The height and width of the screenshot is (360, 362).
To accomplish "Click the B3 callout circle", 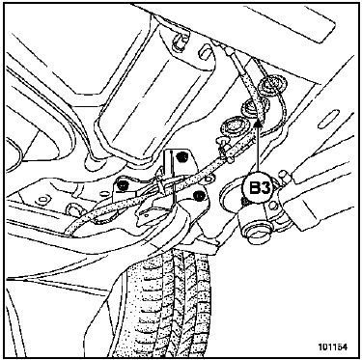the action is (260, 188).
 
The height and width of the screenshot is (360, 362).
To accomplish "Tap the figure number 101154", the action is (333, 346).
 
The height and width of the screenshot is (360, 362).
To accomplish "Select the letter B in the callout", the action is (255, 188).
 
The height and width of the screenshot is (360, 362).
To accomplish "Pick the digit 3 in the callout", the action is (265, 188).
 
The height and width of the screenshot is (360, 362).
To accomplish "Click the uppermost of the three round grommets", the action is (268, 85).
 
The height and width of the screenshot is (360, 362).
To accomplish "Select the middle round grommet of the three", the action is (254, 105).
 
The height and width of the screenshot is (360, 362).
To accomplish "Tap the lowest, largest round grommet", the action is (234, 126).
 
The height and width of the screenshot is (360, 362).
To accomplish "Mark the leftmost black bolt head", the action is (123, 185).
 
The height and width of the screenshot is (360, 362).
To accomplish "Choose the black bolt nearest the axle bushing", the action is (199, 195).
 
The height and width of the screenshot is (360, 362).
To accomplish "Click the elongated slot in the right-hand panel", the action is (328, 119).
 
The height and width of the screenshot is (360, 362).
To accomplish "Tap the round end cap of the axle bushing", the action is (255, 235).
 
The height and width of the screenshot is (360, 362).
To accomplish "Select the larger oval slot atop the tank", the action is (205, 53).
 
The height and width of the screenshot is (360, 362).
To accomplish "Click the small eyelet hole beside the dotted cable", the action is (209, 178).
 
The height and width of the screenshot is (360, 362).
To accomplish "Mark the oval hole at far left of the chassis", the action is (42, 200).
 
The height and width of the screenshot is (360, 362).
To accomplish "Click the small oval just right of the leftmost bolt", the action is (102, 193).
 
